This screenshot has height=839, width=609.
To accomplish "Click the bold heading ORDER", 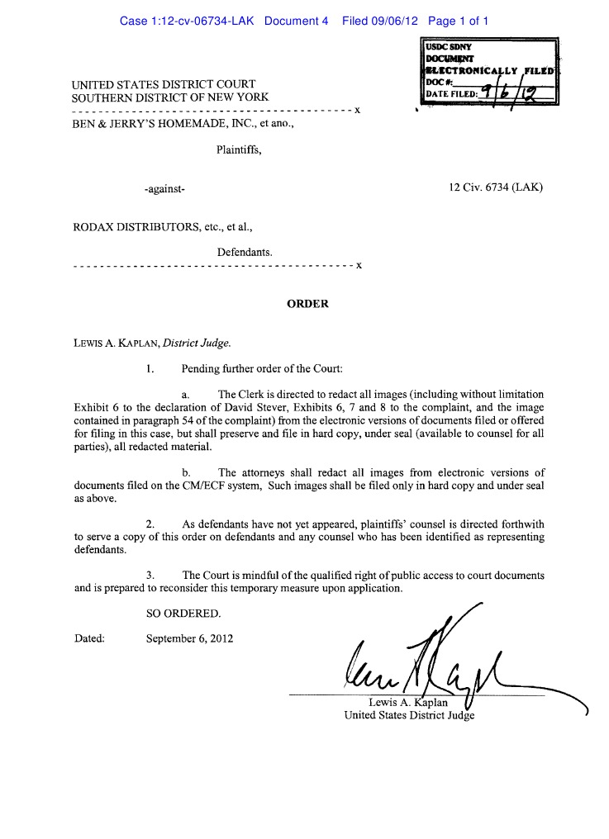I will point(307,304).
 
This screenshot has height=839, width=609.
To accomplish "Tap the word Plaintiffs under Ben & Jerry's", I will point(239,150).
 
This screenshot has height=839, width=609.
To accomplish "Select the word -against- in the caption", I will point(164,189).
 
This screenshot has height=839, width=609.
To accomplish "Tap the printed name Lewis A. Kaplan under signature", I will point(408,703).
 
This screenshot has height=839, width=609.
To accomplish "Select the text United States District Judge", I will point(409,715).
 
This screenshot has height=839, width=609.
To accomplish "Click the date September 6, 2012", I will point(189,638).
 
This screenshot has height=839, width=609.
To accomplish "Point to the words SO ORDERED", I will point(183,614).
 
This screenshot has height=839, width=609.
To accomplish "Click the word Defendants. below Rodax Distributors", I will point(245,252).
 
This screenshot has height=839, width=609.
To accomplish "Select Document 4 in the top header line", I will point(297,21).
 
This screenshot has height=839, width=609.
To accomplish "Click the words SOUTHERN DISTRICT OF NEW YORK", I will point(170,97).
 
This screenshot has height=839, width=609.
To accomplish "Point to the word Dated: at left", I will point(89,638).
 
